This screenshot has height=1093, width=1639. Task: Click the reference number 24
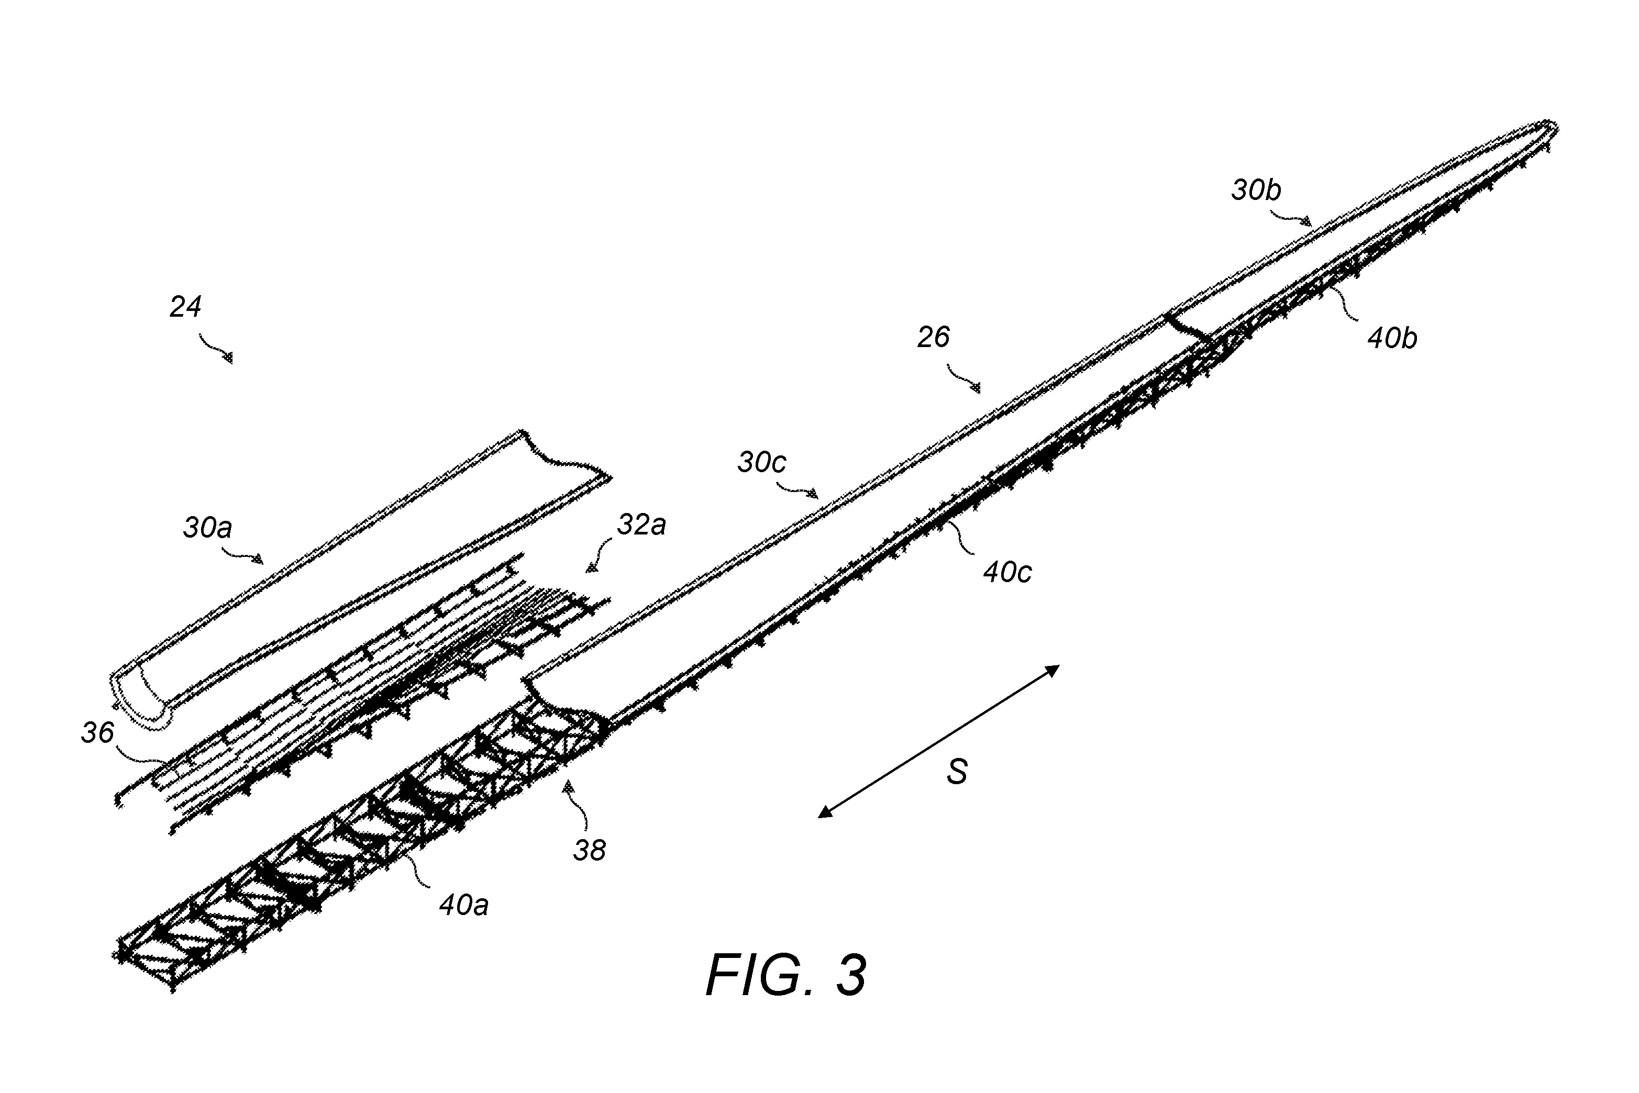(185, 307)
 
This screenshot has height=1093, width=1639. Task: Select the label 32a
(641, 524)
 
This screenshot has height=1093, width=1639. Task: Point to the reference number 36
(97, 733)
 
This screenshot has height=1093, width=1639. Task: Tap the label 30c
(762, 462)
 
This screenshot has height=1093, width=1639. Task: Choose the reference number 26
(934, 338)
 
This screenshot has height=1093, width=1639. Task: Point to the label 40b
(1392, 338)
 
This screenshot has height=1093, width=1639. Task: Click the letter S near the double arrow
(957, 772)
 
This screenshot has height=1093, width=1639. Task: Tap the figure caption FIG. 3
(787, 975)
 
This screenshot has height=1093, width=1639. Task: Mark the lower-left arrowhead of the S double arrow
(824, 812)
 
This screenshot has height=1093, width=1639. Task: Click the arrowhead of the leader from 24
(228, 358)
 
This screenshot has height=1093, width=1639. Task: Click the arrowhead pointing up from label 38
(570, 787)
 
